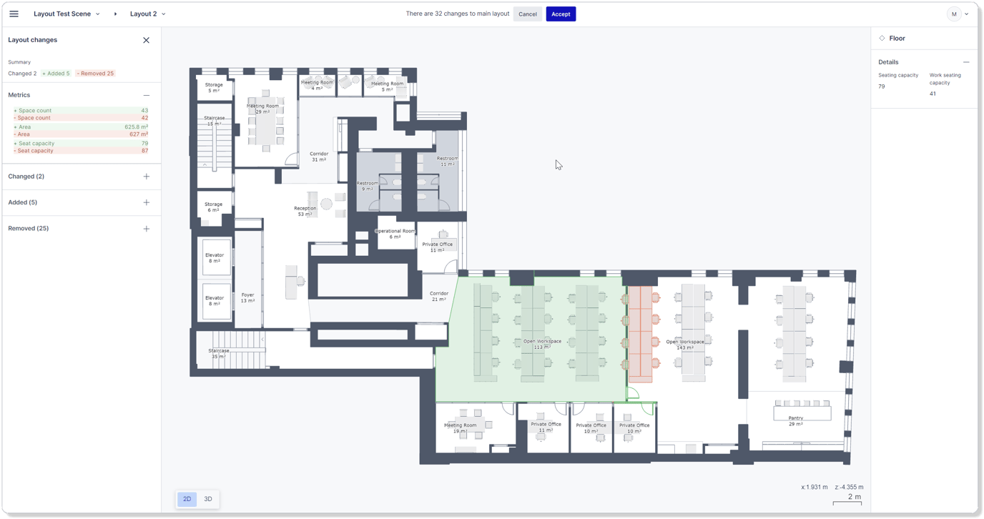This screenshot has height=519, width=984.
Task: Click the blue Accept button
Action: coord(561,14)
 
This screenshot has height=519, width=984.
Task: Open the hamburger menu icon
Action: coord(14,14)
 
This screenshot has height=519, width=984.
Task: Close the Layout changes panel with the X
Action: coord(146,40)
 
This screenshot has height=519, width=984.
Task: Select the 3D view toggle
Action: coord(208,499)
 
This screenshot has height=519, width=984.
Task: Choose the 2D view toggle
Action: coord(187,499)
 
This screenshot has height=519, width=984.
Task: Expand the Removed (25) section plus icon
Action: coord(146,229)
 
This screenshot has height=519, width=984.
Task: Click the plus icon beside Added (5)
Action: coord(146,202)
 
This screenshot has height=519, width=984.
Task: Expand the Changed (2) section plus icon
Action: coord(146,177)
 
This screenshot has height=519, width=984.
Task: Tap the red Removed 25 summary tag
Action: coord(96,74)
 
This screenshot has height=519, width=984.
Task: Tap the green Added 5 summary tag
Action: coord(56,74)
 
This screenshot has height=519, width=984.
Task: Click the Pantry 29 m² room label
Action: coord(795,421)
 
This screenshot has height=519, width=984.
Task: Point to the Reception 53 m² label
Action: coord(305,211)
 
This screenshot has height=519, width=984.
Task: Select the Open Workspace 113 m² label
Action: coord(542,344)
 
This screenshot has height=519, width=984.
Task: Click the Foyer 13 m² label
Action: coord(247,297)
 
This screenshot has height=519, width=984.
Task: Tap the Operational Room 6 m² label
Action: coord(395,234)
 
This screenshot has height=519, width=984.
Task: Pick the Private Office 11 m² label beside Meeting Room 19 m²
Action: coord(546,427)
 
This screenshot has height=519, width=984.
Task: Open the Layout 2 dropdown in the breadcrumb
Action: coord(147,14)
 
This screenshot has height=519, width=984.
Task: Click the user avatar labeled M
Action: coord(954,14)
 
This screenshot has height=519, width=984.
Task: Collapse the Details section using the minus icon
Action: coord(965,62)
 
